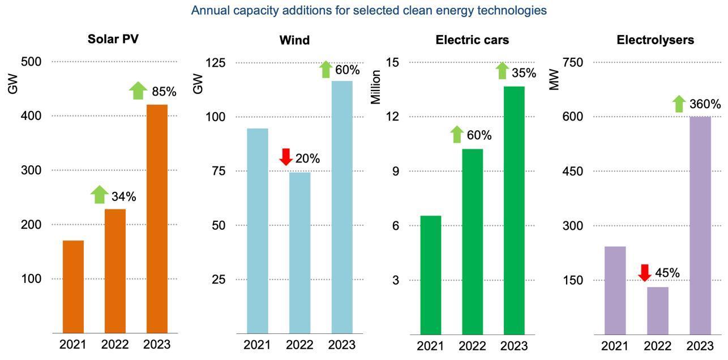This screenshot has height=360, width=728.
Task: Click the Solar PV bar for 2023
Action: point(157,218)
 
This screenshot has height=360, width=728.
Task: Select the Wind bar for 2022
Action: point(299,252)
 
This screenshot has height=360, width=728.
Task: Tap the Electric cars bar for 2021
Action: point(430,275)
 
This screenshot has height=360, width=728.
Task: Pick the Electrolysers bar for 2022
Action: point(658,311)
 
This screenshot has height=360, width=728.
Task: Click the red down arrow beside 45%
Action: point(645,272)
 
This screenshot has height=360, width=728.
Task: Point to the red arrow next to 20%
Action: point(286,157)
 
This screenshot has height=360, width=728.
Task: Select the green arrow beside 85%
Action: point(138,91)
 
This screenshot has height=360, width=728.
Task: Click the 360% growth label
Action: point(705,104)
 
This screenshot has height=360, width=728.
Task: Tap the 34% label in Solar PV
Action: point(123,196)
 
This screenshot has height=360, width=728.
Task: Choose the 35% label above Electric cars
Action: point(524,72)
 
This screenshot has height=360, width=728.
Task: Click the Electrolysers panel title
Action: point(655,40)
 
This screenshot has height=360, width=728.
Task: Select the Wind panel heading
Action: point(294,40)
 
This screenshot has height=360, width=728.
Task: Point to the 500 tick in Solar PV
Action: point(31,61)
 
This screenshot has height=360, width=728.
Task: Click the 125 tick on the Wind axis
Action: point(214,62)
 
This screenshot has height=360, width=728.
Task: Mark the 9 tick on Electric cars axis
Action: point(396,171)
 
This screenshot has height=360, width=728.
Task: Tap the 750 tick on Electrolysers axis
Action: point(572,62)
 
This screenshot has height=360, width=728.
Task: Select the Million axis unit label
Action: point(376,87)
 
